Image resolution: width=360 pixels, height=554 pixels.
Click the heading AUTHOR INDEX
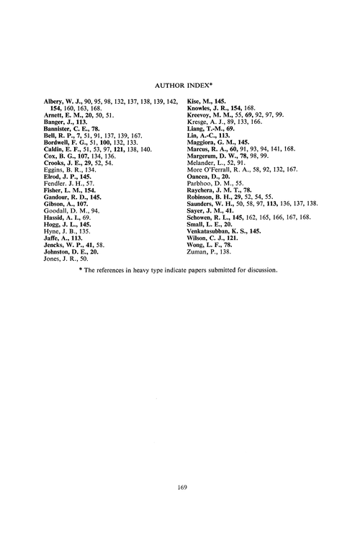180,82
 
